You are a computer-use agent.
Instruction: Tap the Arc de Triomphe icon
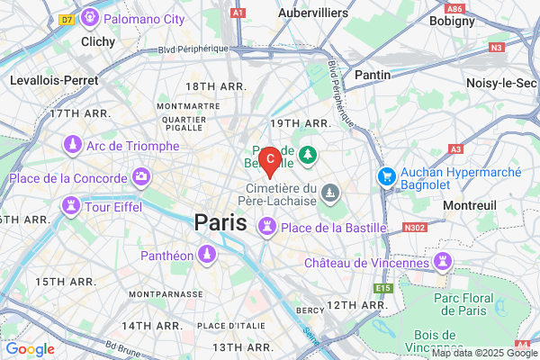coord(72,144)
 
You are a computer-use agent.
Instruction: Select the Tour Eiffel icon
coord(69,207)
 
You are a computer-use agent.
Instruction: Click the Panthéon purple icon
coord(207,256)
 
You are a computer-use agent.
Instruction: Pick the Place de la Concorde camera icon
coord(141,175)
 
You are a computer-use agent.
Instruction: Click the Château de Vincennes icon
coord(443,262)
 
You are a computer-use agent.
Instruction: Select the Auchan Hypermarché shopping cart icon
coord(388,175)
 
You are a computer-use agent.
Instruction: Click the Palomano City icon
coord(89,17)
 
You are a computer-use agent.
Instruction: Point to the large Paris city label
coord(220,222)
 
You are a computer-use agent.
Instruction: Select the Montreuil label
coord(470,205)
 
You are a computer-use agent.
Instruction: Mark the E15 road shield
coord(384,287)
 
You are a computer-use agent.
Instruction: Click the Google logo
coord(30,349)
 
